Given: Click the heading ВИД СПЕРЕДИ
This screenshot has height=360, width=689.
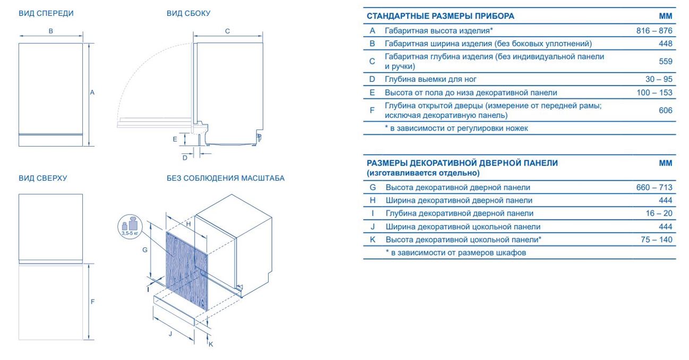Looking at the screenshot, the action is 46,13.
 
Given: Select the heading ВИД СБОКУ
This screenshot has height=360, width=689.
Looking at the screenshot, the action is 188,13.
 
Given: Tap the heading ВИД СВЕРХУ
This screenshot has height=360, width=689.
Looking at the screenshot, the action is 43,178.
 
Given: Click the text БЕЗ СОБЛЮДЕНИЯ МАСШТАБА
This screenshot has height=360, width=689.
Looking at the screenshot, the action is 226,178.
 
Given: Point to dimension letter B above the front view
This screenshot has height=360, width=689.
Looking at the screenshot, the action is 51,31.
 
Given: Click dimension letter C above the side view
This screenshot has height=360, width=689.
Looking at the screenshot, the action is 227,31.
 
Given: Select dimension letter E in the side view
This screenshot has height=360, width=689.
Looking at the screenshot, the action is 175,140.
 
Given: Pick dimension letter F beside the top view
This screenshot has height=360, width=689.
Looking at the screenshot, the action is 92,302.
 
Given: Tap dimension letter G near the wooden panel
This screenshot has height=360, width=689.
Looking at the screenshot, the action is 145,250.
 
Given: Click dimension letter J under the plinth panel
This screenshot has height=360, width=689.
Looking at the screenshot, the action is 170,334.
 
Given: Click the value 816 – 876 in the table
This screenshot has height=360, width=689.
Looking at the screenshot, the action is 654,31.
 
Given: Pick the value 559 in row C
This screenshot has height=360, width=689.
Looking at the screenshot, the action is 665,61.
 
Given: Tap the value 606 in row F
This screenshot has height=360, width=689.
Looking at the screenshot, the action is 665,110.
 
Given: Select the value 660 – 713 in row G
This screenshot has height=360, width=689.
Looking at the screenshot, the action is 654,187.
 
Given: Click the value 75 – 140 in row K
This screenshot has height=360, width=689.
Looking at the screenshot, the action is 657,239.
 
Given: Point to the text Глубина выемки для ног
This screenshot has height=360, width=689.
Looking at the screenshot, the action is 430,80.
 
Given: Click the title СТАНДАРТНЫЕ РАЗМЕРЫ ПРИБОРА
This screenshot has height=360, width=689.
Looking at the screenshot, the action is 440,16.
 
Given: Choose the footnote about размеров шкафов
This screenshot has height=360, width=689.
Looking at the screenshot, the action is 455,253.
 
